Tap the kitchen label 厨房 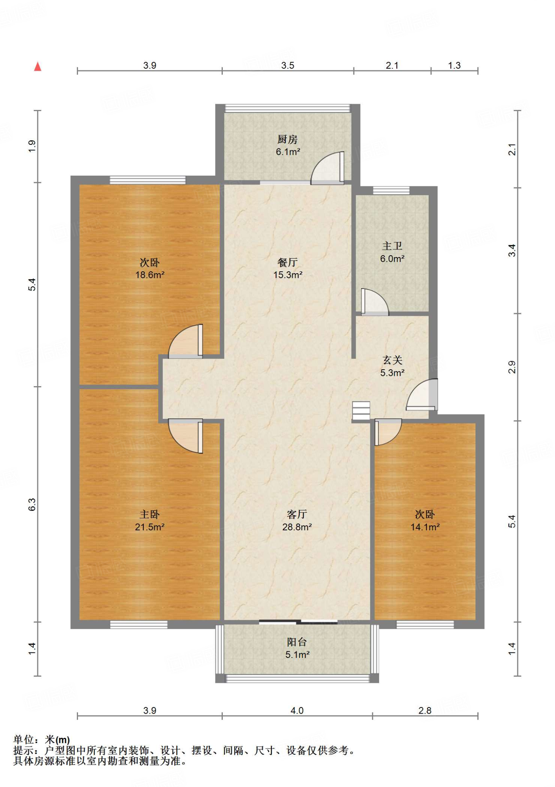(287, 139)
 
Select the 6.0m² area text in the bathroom (392, 259)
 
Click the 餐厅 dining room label (287, 262)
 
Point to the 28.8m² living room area (297, 527)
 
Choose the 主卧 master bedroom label (149, 514)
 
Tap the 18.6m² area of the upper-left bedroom (150, 275)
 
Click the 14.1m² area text (425, 527)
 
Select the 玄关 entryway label (392, 360)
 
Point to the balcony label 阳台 (297, 642)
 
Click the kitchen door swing (328, 168)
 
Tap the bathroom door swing (375, 302)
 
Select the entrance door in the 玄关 (422, 394)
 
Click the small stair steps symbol (361, 410)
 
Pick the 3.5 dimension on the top (287, 65)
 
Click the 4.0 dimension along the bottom (297, 711)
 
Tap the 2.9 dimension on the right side (512, 367)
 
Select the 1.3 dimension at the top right (454, 65)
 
